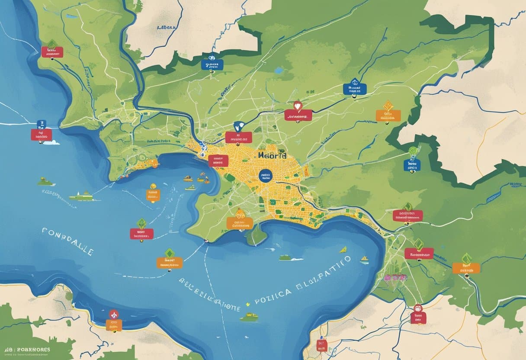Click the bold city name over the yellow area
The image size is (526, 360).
(x=272, y=155)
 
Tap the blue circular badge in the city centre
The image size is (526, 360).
(x=265, y=176)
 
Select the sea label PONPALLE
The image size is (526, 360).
(x=67, y=241)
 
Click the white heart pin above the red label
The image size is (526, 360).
(x=297, y=105)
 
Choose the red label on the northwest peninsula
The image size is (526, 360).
(x=52, y=52)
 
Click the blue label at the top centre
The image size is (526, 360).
(x=212, y=65)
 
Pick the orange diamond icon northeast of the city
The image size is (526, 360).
(x=388, y=105)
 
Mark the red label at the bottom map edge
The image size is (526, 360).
(x=321, y=345)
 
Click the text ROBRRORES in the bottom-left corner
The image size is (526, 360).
(x=33, y=350)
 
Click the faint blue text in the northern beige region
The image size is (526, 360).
(x=167, y=27)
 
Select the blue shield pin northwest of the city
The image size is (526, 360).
(x=238, y=126)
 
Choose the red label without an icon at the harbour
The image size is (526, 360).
(x=218, y=161)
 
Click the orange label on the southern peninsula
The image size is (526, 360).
(x=239, y=223)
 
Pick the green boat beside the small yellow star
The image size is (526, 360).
(x=249, y=317)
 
